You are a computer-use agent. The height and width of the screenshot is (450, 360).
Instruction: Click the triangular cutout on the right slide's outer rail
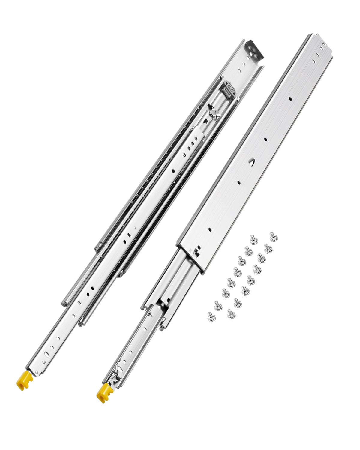[x=251, y=162]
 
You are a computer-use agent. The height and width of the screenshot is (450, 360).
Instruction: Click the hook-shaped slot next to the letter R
[x=196, y=252]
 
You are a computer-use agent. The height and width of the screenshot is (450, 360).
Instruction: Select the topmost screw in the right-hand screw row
[x=273, y=236]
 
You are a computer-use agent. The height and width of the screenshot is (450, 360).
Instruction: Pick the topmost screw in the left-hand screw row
[x=253, y=239]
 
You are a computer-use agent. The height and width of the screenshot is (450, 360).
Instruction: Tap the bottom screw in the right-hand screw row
[x=231, y=314]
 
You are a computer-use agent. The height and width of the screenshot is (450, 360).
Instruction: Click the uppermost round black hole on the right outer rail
[x=290, y=98]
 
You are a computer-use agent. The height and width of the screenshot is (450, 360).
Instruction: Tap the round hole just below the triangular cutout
[x=239, y=182]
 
